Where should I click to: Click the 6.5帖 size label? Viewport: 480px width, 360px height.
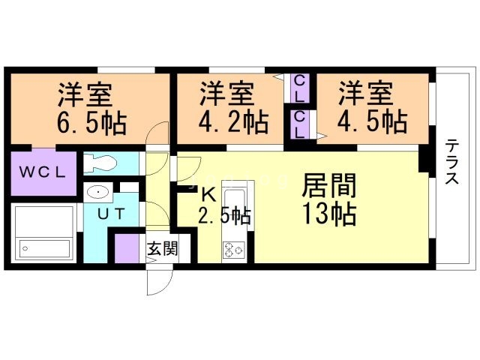pyautogui.click(x=91, y=124)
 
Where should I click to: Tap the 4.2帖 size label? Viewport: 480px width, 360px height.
pyautogui.click(x=233, y=122)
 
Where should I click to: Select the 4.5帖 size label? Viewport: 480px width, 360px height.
pyautogui.click(x=372, y=122)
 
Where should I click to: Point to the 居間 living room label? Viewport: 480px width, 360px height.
pyautogui.click(x=329, y=185)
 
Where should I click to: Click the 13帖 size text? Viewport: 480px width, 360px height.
pyautogui.click(x=329, y=214)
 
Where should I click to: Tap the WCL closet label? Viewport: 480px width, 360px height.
pyautogui.click(x=42, y=172)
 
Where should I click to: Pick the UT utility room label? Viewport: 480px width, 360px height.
pyautogui.click(x=112, y=214)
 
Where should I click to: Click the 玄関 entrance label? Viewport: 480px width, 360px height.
pyautogui.click(x=163, y=248)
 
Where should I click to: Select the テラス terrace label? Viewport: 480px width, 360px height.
pyautogui.click(x=451, y=161)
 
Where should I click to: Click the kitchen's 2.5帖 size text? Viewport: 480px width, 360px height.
pyautogui.click(x=224, y=216)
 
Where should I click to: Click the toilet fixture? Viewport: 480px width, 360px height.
pyautogui.click(x=100, y=163)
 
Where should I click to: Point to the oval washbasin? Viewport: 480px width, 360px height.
pyautogui.click(x=98, y=192)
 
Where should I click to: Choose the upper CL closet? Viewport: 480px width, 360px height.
pyautogui.click(x=298, y=88)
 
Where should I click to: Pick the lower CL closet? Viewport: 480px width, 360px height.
pyautogui.click(x=298, y=124)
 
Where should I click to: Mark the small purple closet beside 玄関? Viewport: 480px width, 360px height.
pyautogui.click(x=127, y=248)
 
